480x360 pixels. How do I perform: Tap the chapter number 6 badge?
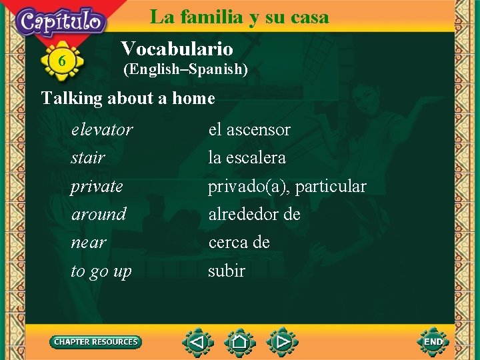click(62, 61)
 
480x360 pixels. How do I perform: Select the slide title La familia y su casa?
click(239, 17)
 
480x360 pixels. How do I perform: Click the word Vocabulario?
click(177, 49)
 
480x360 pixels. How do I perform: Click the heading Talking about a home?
click(128, 99)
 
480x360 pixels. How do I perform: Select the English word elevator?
click(102, 129)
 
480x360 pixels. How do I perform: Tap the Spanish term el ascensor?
click(249, 129)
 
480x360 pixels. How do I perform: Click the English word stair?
click(88, 158)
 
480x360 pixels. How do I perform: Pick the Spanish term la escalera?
click(247, 158)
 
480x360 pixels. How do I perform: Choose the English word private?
click(97, 187)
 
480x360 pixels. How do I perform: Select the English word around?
click(99, 215)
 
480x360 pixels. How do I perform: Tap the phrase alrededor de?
click(254, 215)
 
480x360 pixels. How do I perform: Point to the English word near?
click(89, 243)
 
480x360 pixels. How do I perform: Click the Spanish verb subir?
click(227, 271)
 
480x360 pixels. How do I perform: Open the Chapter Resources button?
click(96, 342)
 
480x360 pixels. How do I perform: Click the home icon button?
click(240, 343)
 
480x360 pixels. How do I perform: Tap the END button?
click(433, 342)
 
